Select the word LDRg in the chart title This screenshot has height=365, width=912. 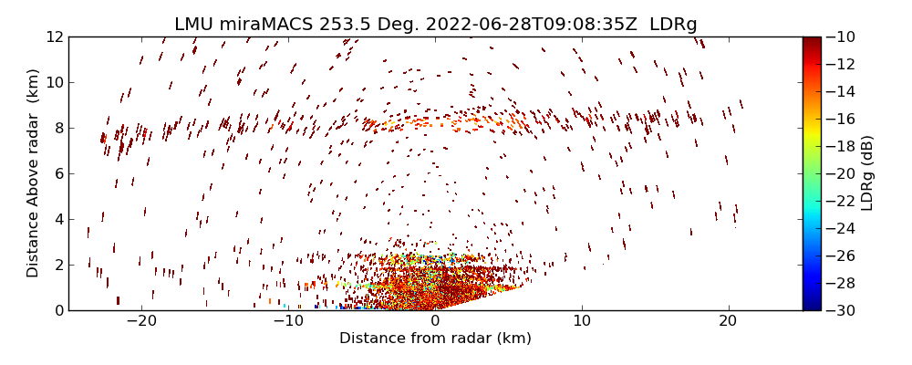click(673, 25)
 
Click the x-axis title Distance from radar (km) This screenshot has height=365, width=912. click(435, 339)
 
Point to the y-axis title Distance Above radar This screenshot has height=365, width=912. click(34, 172)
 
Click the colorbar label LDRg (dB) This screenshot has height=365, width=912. click(867, 172)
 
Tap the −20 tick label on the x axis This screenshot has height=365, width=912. click(141, 321)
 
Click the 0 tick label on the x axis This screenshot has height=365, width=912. click(435, 321)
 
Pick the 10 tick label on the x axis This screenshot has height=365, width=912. click(582, 321)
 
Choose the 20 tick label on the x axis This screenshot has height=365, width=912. click(728, 321)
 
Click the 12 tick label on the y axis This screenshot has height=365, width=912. click(53, 36)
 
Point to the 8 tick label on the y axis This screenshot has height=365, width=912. click(57, 128)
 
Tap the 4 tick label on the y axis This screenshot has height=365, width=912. click(57, 219)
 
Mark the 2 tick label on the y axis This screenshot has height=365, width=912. click(57, 265)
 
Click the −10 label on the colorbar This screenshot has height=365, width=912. click(841, 36)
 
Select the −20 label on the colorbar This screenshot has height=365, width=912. click(841, 173)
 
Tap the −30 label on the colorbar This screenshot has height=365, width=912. click(841, 310)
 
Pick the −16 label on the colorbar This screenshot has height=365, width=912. click(841, 119)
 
